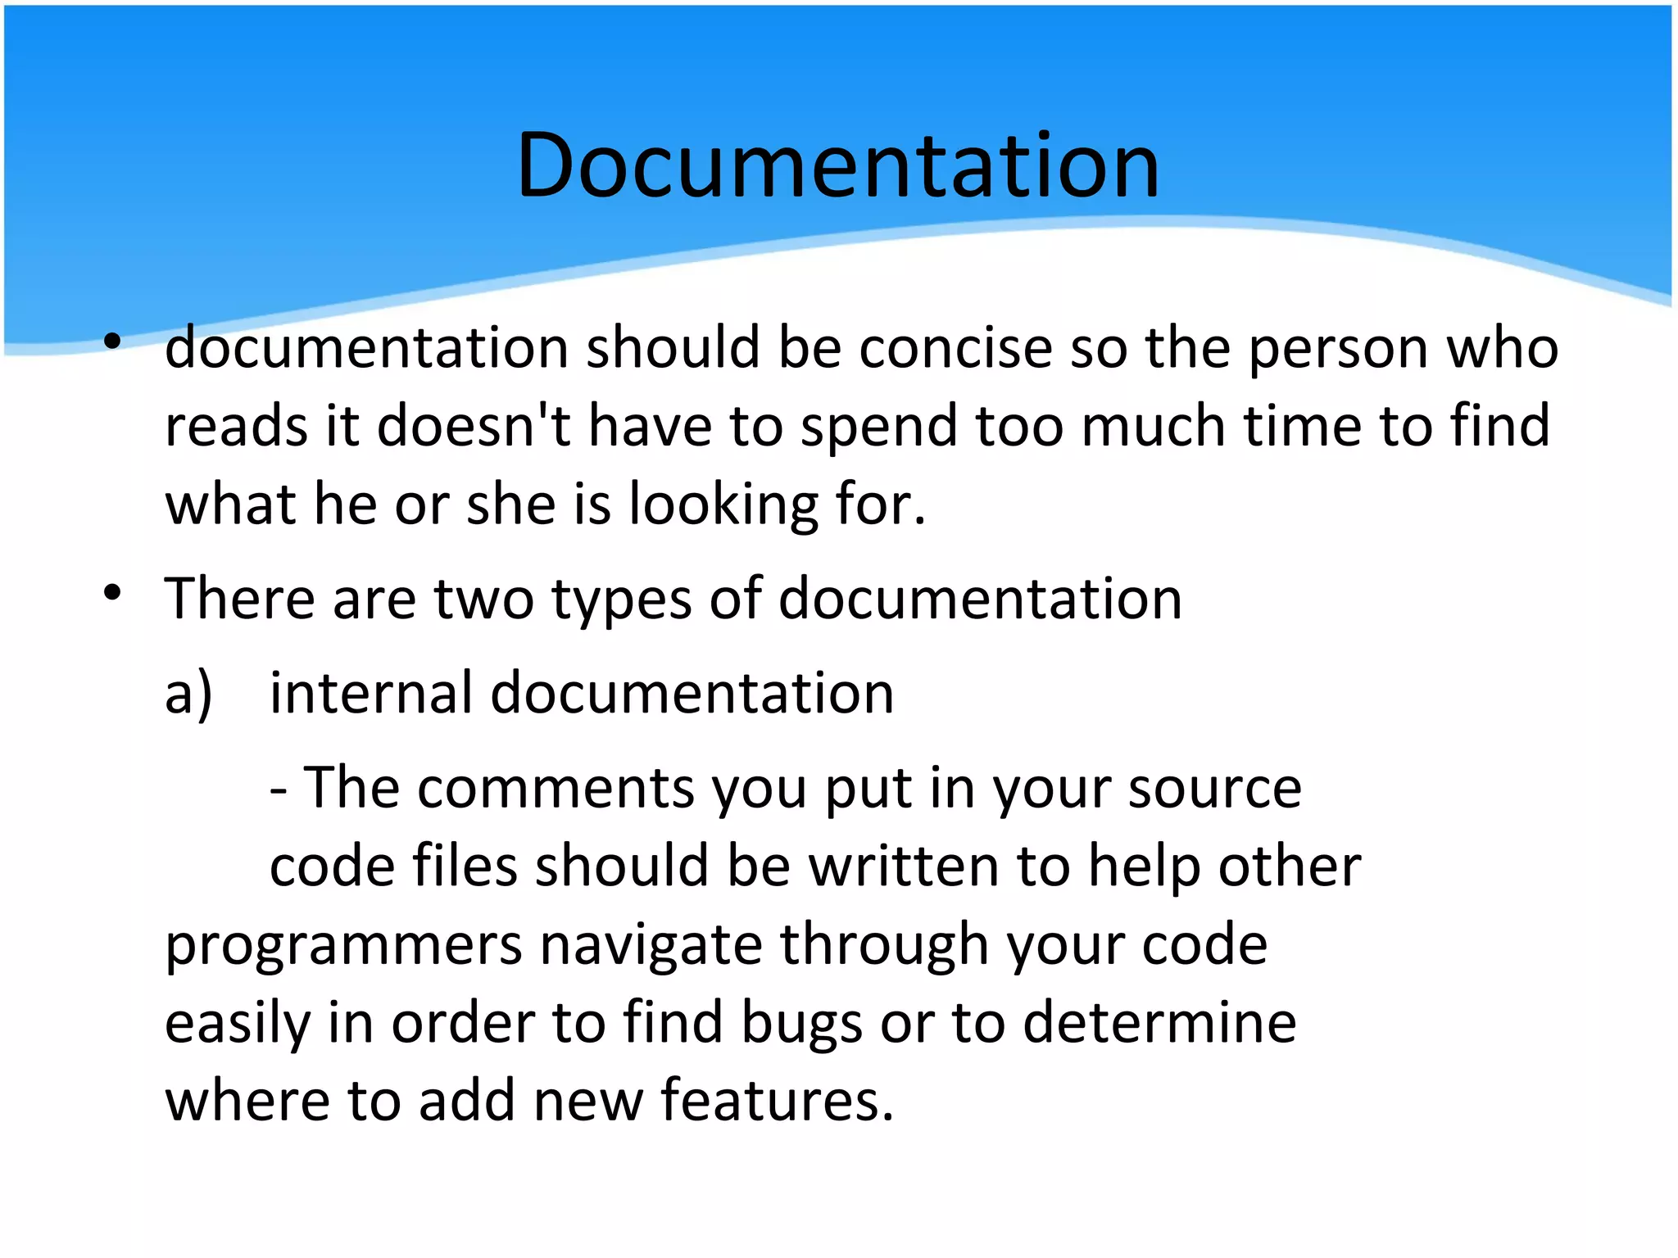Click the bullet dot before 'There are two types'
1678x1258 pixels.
(113, 591)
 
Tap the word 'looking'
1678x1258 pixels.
(723, 505)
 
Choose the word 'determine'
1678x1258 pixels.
(1159, 1022)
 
